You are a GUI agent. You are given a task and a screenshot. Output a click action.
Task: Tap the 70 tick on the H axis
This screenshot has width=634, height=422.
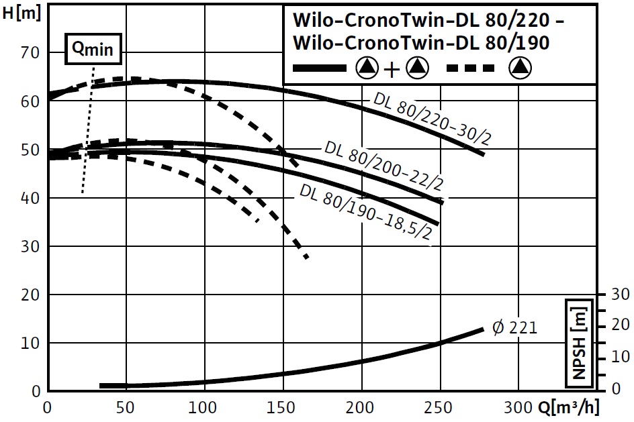click(x=32, y=52)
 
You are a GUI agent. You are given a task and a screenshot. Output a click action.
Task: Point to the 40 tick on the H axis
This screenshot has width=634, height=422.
click(x=32, y=198)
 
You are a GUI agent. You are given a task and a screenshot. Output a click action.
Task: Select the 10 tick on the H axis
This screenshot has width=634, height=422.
click(x=32, y=343)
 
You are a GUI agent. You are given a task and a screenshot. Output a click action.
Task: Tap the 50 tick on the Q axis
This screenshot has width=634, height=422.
click(x=126, y=407)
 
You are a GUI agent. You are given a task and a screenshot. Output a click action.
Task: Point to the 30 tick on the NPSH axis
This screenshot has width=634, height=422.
click(x=619, y=295)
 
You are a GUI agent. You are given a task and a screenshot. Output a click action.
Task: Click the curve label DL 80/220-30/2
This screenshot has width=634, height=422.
click(x=434, y=119)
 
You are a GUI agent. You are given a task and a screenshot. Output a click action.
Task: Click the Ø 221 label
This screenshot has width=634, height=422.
click(x=515, y=328)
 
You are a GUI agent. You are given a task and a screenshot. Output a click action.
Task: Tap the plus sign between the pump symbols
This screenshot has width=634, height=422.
click(x=391, y=67)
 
